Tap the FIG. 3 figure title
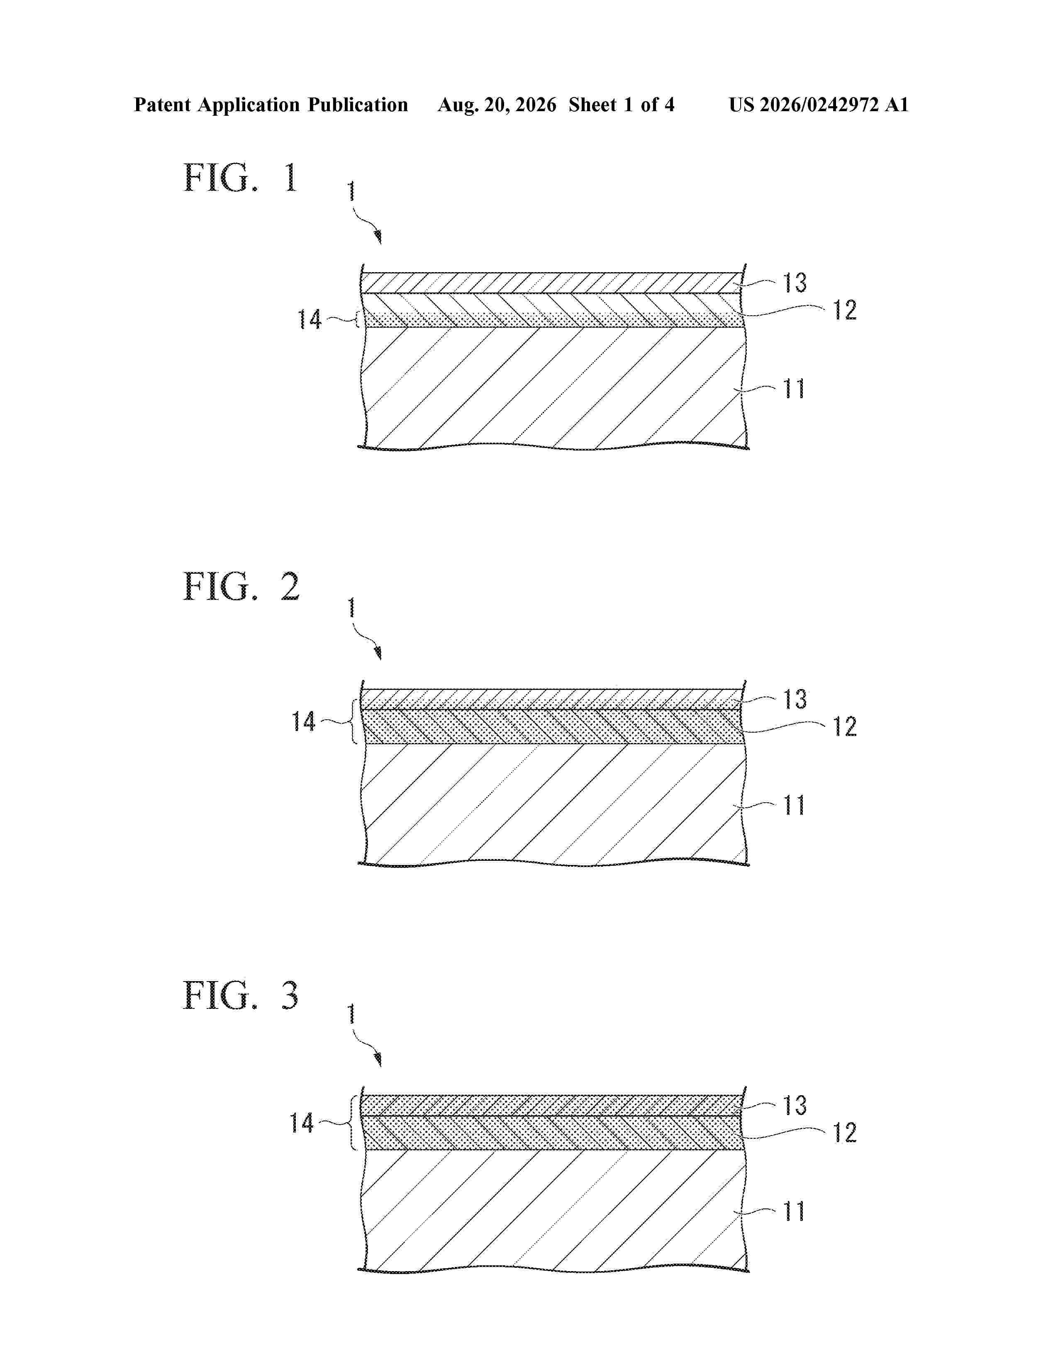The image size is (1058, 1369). (241, 995)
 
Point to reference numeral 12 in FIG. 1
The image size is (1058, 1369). (844, 310)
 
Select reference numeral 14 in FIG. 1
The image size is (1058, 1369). (309, 320)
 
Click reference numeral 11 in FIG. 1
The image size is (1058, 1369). (794, 389)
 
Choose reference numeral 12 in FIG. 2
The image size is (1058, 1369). (844, 726)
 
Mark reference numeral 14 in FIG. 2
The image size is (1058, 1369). (303, 721)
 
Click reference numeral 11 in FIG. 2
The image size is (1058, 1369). (794, 805)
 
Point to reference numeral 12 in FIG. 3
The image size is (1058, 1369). (844, 1133)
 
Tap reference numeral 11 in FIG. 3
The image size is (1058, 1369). (794, 1211)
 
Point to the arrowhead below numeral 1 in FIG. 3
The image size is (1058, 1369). (378, 1060)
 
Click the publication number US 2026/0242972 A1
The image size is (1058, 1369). (819, 105)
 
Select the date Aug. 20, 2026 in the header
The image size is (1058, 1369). (497, 105)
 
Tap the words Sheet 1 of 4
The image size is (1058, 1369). (622, 105)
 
